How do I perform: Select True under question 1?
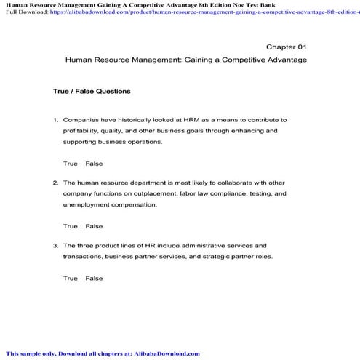(x=71, y=164)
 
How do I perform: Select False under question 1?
(x=94, y=164)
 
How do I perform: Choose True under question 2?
(x=71, y=226)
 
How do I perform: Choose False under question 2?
(x=94, y=226)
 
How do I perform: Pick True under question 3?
(x=71, y=278)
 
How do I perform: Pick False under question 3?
(x=94, y=278)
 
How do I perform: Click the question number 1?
(x=55, y=119)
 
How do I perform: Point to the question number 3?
(x=55, y=246)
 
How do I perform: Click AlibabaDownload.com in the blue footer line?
(x=166, y=353)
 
